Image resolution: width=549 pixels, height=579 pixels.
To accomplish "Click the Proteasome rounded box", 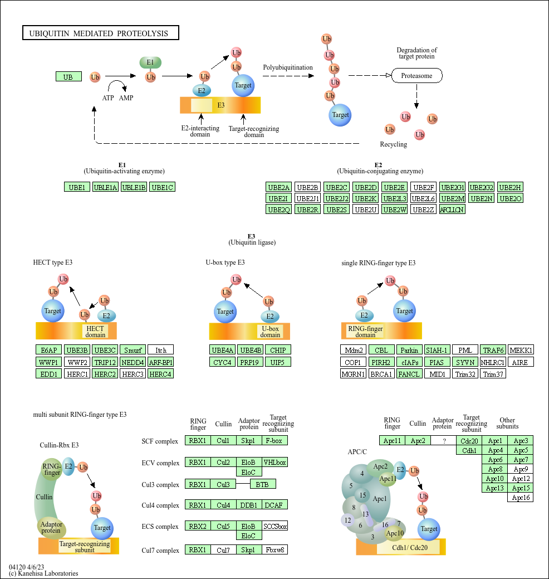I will [x=416, y=75].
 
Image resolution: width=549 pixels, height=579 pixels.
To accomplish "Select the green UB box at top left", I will [x=68, y=76].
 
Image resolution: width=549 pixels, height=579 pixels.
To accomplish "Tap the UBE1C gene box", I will [x=163, y=187].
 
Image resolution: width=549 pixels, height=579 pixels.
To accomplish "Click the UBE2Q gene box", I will [x=279, y=210].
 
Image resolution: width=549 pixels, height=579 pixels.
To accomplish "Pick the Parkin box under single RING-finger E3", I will [x=409, y=350].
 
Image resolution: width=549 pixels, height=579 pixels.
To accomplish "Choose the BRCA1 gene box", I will [x=381, y=373].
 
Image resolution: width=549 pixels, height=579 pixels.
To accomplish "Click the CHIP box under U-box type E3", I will [x=277, y=350].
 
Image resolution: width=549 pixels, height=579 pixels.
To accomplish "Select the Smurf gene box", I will [x=133, y=350].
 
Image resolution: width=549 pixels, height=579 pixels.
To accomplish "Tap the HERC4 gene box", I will [x=161, y=373].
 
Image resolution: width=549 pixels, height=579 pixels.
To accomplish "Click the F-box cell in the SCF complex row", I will [x=274, y=441].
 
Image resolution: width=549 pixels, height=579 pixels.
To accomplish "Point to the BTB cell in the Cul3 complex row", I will [x=262, y=484].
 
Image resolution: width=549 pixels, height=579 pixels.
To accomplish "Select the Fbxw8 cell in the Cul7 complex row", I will [x=274, y=550].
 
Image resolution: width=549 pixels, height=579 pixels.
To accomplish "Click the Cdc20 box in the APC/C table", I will [x=469, y=441].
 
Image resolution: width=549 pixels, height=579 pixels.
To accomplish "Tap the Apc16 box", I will [x=521, y=498].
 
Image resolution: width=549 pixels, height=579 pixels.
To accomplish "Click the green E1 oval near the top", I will [x=150, y=62].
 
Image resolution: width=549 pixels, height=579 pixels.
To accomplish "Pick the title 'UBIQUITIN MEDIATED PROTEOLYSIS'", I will [x=100, y=33].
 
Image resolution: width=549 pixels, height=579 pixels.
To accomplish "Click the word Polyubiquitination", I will [x=288, y=67].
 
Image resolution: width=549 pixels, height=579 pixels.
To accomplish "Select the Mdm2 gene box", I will [x=353, y=350].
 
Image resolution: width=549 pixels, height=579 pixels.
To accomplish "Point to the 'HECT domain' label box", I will [x=95, y=332].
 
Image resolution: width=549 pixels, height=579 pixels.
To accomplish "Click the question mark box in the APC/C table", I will [x=444, y=441].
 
